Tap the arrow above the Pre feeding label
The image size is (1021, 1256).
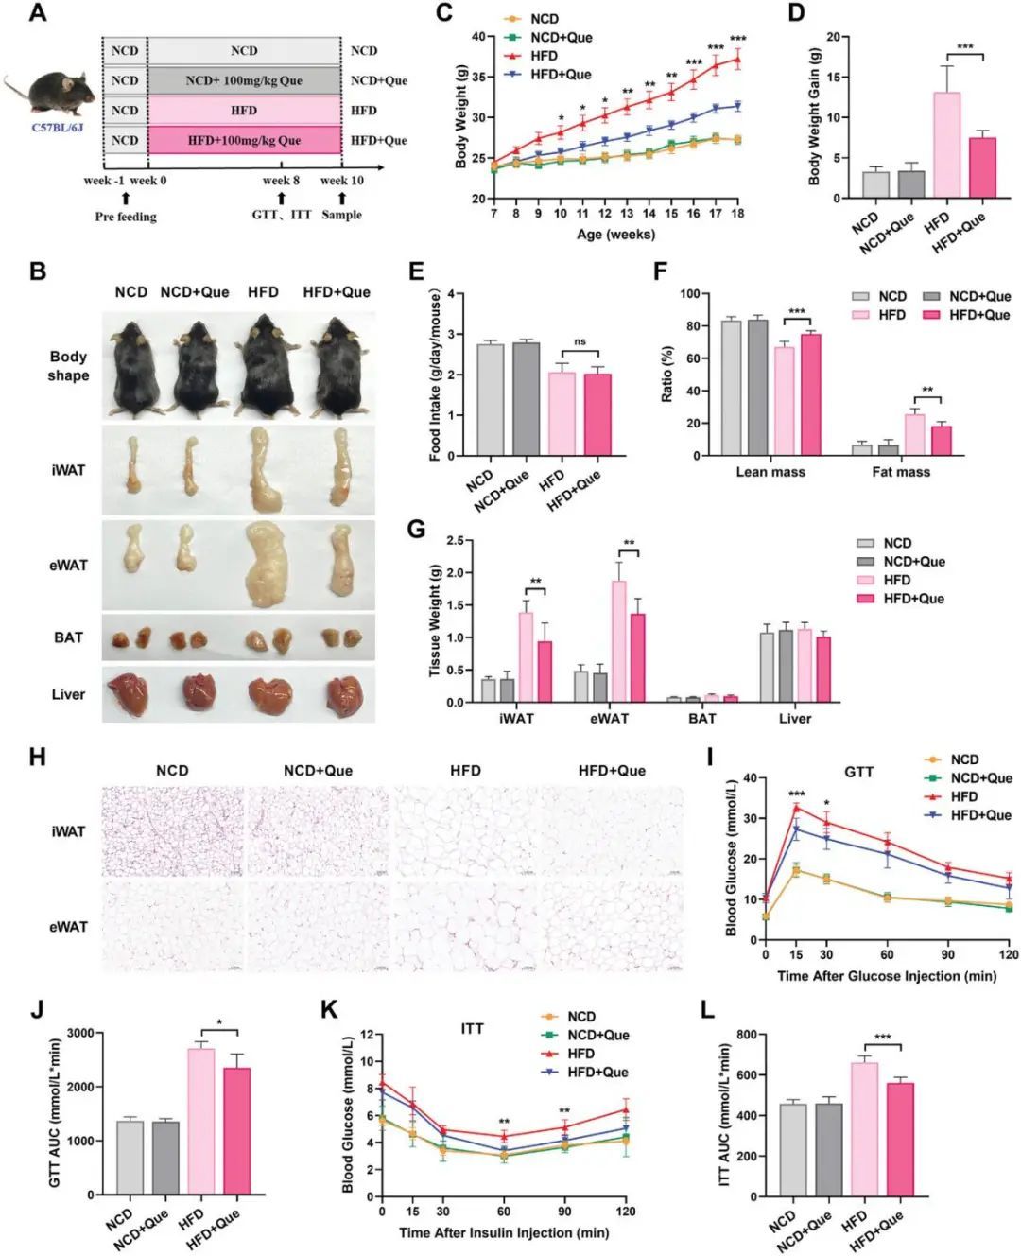tap(125, 197)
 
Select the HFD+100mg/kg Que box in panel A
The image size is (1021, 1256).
tap(244, 140)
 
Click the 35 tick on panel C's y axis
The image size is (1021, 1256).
tap(478, 78)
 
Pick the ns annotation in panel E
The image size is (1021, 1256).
tap(580, 342)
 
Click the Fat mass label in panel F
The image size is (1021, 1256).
tap(900, 471)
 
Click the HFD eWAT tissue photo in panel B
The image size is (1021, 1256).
tap(264, 565)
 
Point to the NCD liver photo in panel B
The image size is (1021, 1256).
tap(130, 693)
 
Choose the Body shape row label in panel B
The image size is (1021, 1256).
tap(68, 366)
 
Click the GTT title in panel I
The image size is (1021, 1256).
tap(858, 772)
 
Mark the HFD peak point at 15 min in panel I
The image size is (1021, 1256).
tap(796, 808)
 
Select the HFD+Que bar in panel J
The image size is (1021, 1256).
tap(237, 1131)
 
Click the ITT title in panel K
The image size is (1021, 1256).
tap(472, 1028)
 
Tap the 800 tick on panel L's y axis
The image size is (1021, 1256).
tap(747, 1035)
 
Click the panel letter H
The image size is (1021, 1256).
tap(38, 757)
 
